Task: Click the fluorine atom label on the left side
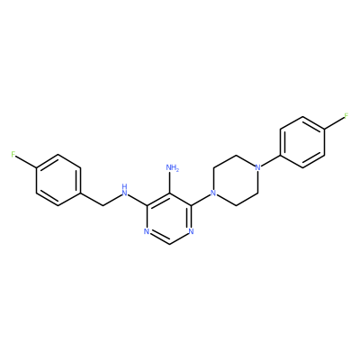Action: (x=13, y=155)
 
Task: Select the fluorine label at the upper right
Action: (x=346, y=116)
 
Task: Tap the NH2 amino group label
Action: (x=173, y=167)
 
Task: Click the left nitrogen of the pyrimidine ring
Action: (x=147, y=231)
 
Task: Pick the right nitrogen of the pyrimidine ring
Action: (x=192, y=231)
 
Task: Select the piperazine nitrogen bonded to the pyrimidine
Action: (x=213, y=193)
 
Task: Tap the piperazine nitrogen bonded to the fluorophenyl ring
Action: (x=257, y=167)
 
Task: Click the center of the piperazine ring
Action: (x=236, y=180)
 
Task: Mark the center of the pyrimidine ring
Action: (x=169, y=219)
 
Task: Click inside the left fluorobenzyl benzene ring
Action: (x=58, y=180)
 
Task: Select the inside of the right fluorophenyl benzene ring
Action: (x=302, y=141)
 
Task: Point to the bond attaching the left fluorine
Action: (x=26, y=162)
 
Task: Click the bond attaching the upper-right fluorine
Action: (x=334, y=123)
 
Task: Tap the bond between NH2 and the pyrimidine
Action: (x=169, y=183)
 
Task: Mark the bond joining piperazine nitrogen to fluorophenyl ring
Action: (x=269, y=161)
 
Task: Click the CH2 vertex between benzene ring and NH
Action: (x=103, y=206)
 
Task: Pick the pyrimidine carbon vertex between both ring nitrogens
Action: (x=169, y=245)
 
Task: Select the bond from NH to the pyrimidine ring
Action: (x=138, y=200)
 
